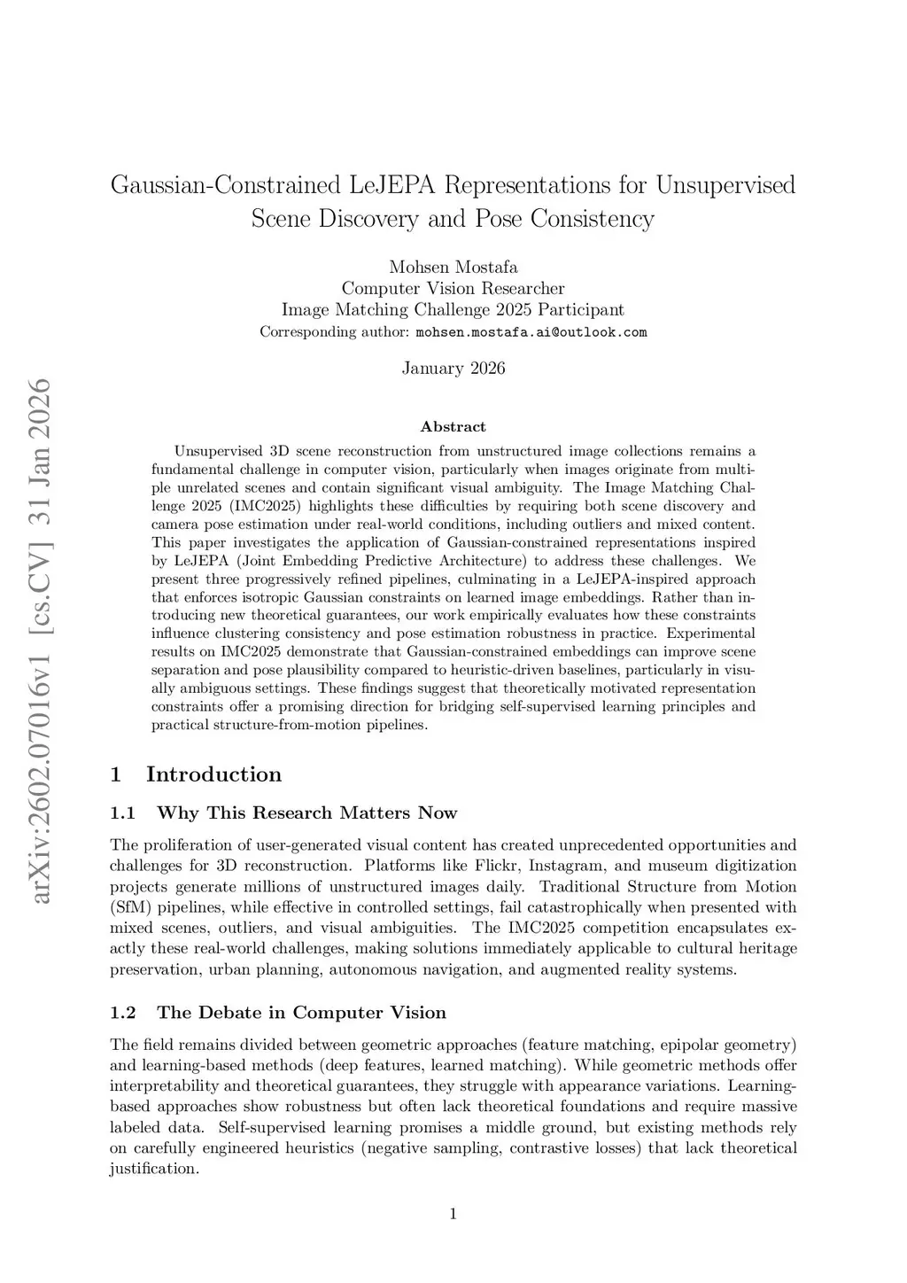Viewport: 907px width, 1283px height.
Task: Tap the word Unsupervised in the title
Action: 726,185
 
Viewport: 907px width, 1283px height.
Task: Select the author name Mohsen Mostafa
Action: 453,267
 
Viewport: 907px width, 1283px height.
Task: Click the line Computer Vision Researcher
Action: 453,288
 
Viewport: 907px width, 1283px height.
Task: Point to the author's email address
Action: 531,332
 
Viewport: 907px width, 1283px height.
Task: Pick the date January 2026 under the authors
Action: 453,368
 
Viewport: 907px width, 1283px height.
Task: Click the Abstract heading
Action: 453,427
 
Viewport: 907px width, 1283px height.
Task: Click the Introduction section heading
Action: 213,774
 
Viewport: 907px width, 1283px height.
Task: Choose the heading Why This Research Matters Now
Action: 306,813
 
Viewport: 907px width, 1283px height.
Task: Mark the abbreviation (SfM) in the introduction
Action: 127,907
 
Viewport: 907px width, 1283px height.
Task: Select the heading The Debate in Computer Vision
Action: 301,1013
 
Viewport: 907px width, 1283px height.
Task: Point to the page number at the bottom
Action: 453,1214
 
